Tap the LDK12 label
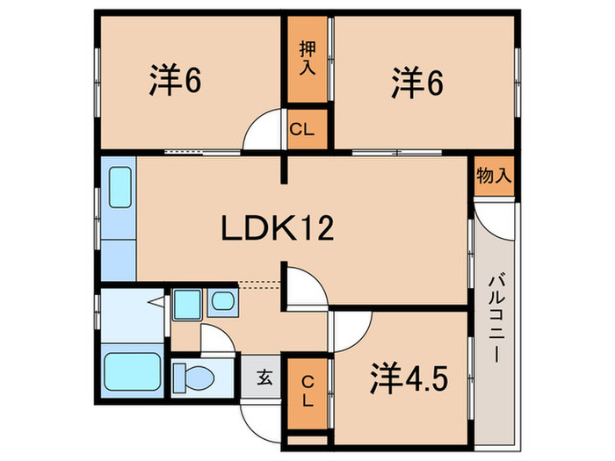click(276, 229)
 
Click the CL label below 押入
click(304, 131)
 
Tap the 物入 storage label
click(493, 176)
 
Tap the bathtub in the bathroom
click(132, 373)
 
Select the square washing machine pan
click(186, 304)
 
